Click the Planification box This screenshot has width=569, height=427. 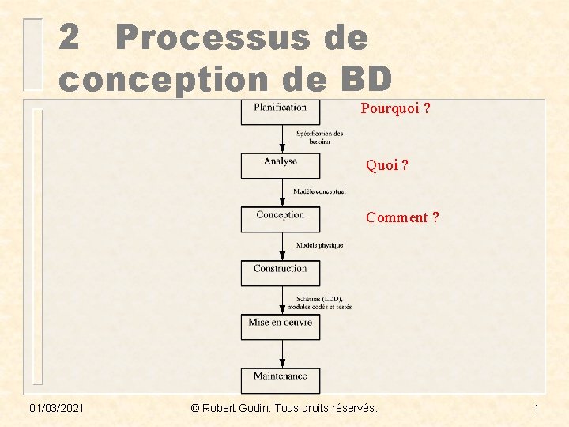coord(281,111)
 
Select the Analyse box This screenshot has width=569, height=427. coord(281,165)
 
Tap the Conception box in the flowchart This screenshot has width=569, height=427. coord(281,219)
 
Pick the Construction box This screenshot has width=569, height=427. coord(281,273)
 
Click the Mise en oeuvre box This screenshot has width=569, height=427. coord(281,327)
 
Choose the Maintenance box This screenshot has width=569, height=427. coord(281,380)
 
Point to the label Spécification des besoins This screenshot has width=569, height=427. coord(319,138)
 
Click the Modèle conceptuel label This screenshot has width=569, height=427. coord(319,191)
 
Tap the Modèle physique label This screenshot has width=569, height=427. coord(319,245)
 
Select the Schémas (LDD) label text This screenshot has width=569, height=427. coord(319,299)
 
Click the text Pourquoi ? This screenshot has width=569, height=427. coord(395,108)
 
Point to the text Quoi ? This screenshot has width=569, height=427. coord(386,166)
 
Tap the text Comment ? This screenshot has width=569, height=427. coord(402,217)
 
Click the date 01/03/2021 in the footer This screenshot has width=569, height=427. coord(57,408)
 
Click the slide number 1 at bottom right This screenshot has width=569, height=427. coord(536,408)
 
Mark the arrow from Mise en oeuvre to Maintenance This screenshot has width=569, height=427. coord(282,353)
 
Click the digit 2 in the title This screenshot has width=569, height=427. coord(70,38)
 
